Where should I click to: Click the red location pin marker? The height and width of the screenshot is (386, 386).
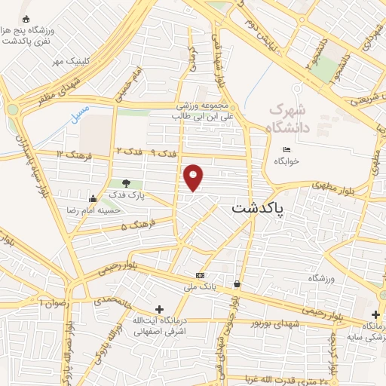pyautogui.click(x=194, y=176)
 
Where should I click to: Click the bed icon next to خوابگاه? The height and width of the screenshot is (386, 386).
pyautogui.click(x=286, y=149)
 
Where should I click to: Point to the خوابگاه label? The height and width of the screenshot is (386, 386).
pyautogui.click(x=286, y=161)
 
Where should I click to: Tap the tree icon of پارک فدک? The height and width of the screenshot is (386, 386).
pyautogui.click(x=126, y=183)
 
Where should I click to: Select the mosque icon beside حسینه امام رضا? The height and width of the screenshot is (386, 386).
pyautogui.click(x=93, y=198)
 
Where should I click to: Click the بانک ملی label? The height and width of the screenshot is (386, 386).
pyautogui.click(x=203, y=286)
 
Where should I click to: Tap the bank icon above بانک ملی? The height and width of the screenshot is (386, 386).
pyautogui.click(x=199, y=275)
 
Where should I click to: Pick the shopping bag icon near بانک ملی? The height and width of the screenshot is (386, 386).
pyautogui.click(x=237, y=284)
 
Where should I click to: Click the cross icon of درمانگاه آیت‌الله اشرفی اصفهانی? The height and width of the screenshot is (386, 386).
pyautogui.click(x=158, y=309)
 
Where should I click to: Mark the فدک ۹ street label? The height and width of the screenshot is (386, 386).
pyautogui.click(x=164, y=153)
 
